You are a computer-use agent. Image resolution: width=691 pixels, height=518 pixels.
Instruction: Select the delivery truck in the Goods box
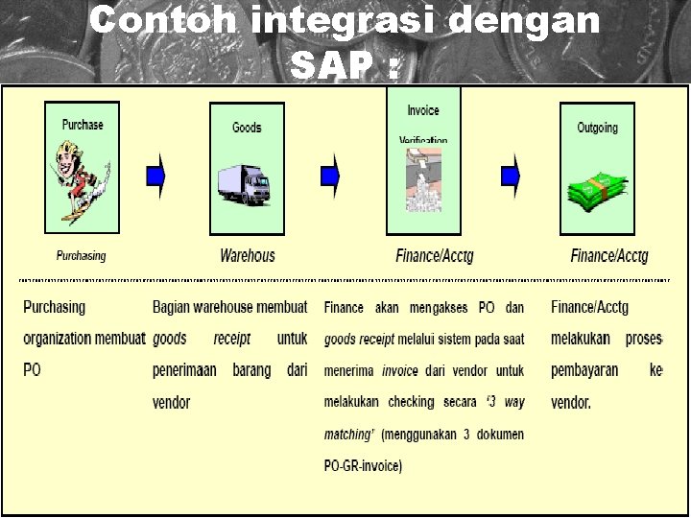pyautogui.click(x=245, y=185)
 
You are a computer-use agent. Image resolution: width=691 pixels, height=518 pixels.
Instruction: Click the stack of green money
pyautogui.click(x=596, y=192)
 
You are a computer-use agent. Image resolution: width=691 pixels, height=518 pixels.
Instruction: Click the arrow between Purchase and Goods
pyautogui.click(x=155, y=175)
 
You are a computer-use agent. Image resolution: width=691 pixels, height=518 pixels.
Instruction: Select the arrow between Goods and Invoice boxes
pyautogui.click(x=331, y=175)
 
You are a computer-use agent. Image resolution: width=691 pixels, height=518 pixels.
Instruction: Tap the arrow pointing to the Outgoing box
pyautogui.click(x=511, y=175)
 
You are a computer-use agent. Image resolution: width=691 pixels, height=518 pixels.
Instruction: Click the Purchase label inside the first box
pyautogui.click(x=83, y=125)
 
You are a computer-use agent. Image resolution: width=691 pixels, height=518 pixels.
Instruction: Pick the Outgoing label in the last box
pyautogui.click(x=597, y=128)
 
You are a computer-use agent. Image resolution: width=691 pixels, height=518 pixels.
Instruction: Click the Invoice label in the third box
pyautogui.click(x=422, y=111)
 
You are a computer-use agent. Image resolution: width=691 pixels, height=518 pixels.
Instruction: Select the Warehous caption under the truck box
pyautogui.click(x=247, y=255)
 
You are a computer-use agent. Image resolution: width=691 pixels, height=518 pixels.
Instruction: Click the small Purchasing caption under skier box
pyautogui.click(x=81, y=256)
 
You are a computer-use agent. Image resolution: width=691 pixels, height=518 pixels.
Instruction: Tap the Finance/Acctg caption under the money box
pyautogui.click(x=608, y=255)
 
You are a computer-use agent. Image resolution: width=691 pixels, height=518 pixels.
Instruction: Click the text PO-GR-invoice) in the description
pyautogui.click(x=363, y=466)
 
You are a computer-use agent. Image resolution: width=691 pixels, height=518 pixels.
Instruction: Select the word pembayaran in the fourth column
pyautogui.click(x=584, y=370)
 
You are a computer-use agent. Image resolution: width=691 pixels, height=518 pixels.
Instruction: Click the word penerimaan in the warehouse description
pyautogui.click(x=184, y=370)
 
